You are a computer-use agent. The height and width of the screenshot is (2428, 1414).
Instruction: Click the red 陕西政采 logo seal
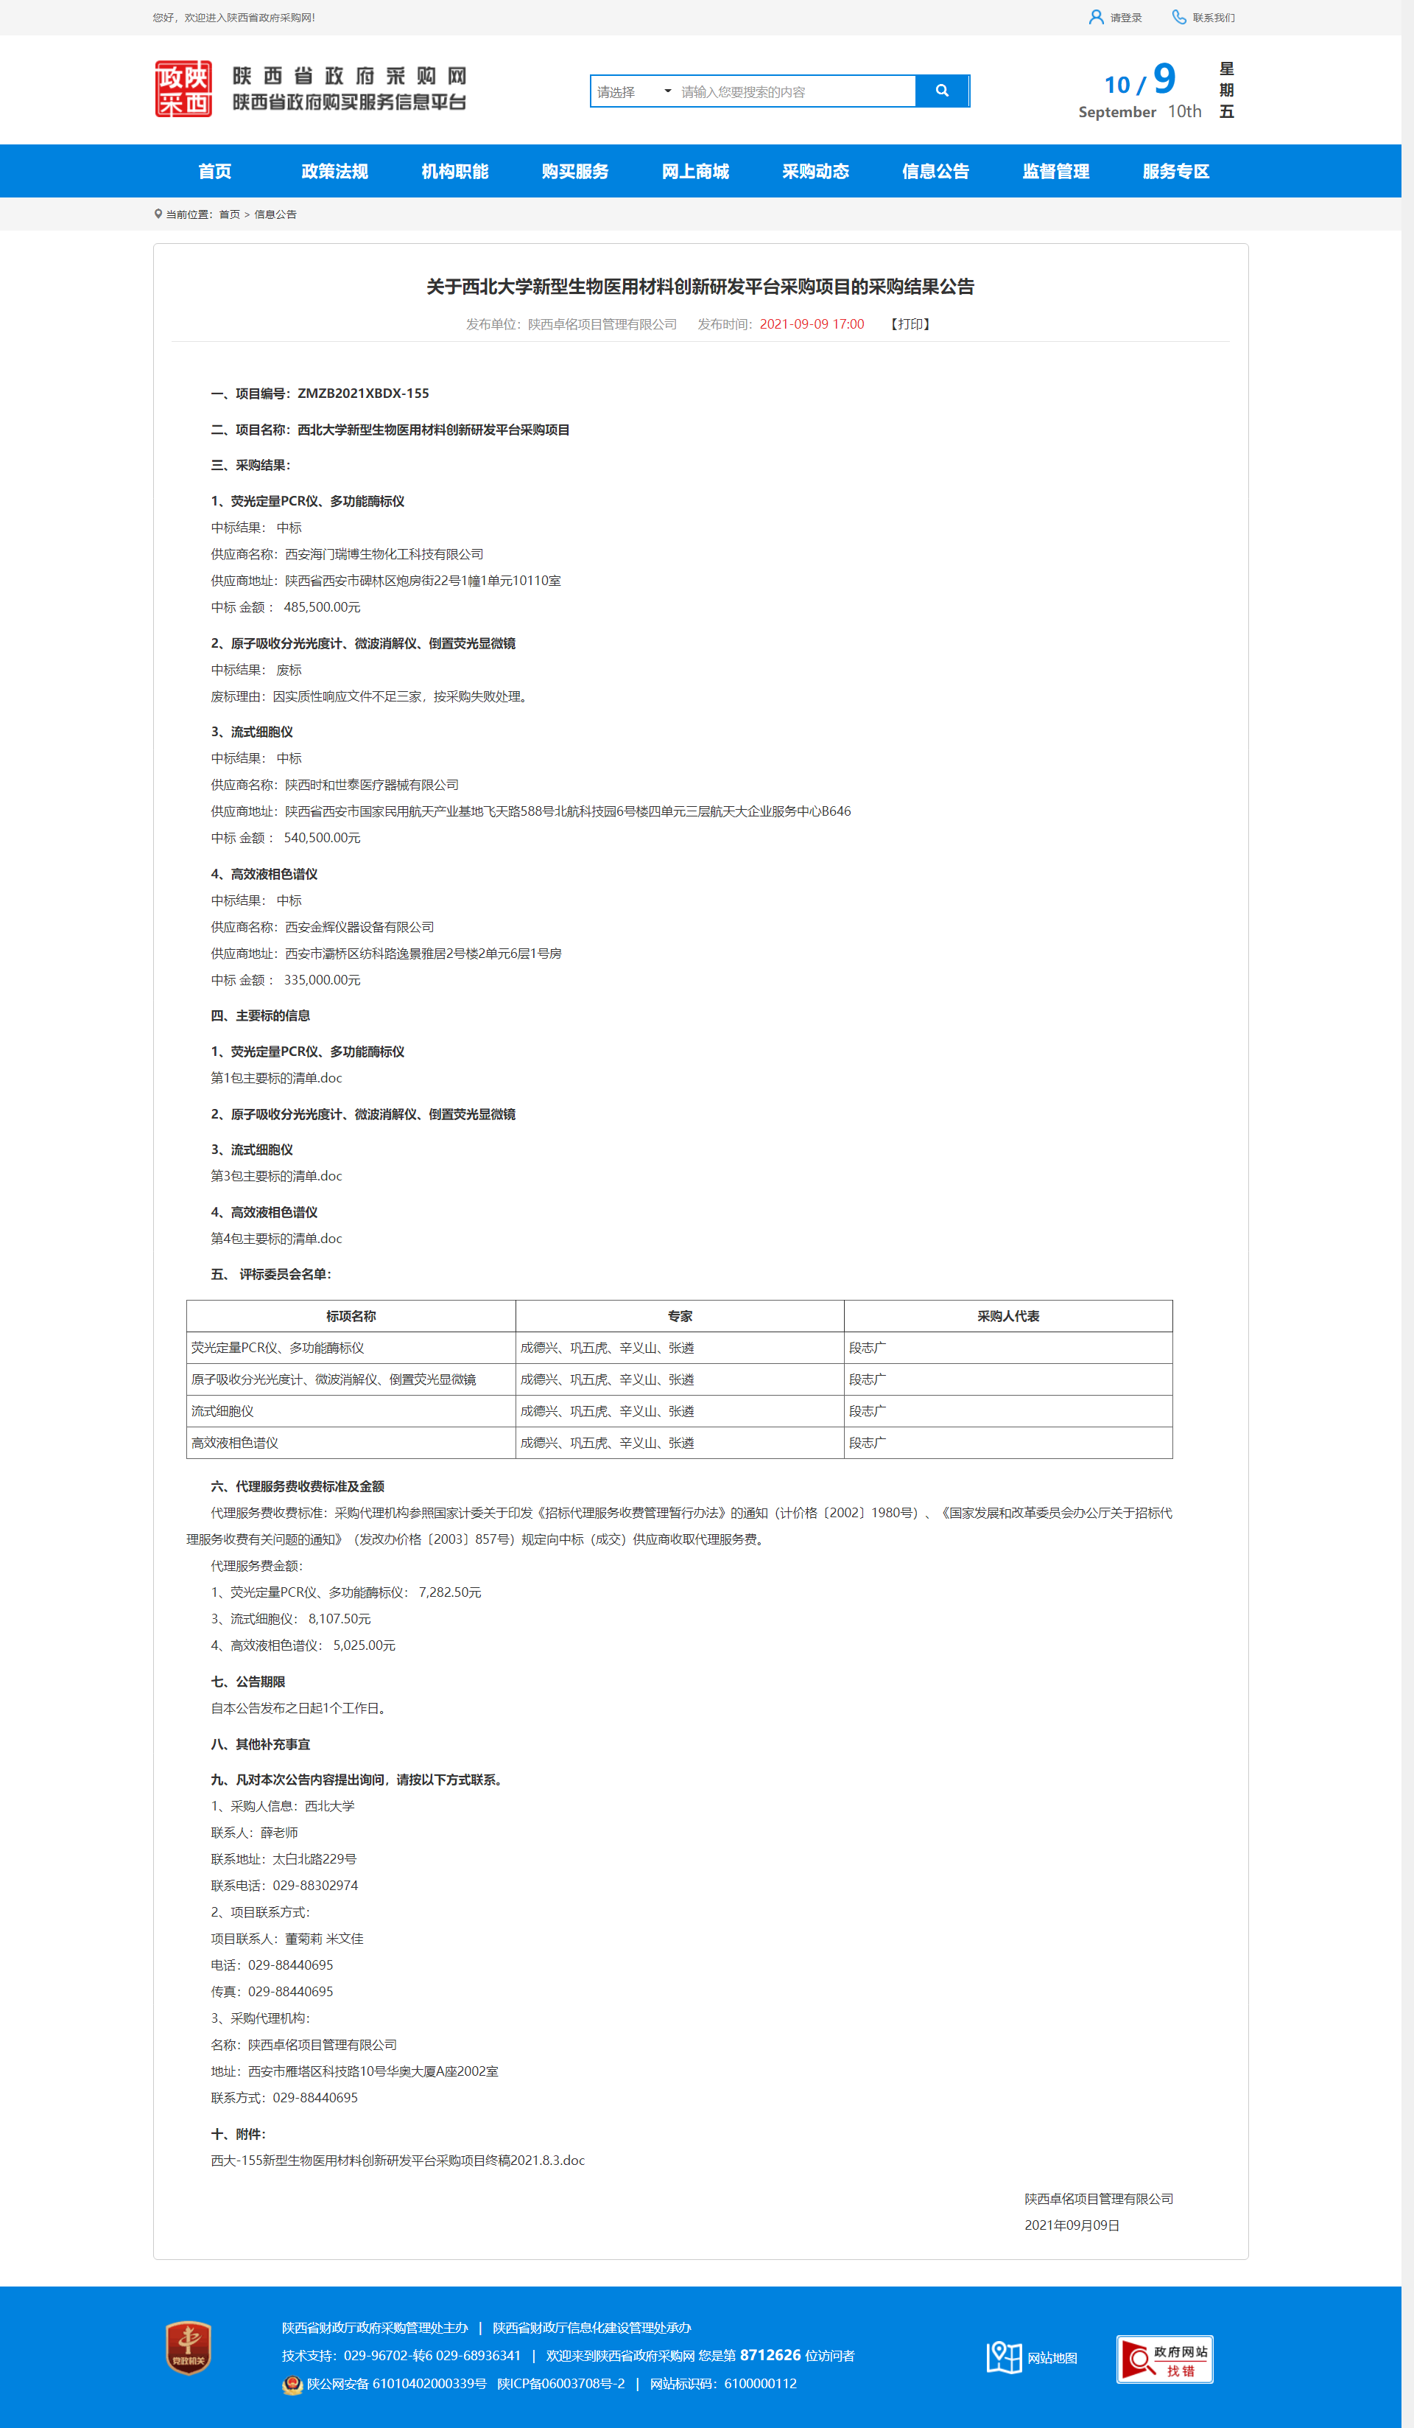pyautogui.click(x=183, y=88)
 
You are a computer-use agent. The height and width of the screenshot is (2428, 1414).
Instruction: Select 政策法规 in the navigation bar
pyautogui.click(x=334, y=172)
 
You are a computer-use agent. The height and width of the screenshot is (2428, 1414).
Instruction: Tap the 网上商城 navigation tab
pyautogui.click(x=694, y=172)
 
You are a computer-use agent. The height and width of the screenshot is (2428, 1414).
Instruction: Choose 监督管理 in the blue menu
pyautogui.click(x=1055, y=172)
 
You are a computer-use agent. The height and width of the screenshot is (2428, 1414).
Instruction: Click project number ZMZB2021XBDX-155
pyautogui.click(x=363, y=393)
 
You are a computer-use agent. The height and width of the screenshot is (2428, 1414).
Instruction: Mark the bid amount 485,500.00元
pyautogui.click(x=322, y=607)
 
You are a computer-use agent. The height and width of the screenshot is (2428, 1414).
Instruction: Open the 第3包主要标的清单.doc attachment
pyautogui.click(x=276, y=1175)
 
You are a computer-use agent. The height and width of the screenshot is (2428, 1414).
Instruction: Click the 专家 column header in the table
pyautogui.click(x=679, y=1316)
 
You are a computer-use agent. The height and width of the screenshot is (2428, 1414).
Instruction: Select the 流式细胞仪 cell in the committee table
pyautogui.click(x=222, y=1410)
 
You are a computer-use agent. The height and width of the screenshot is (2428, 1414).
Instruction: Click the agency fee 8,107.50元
pyautogui.click(x=339, y=1619)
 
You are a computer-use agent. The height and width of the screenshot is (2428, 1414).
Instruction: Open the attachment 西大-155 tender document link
pyautogui.click(x=398, y=2161)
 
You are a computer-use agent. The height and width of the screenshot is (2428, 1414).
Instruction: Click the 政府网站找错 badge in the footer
pyautogui.click(x=1164, y=2359)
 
